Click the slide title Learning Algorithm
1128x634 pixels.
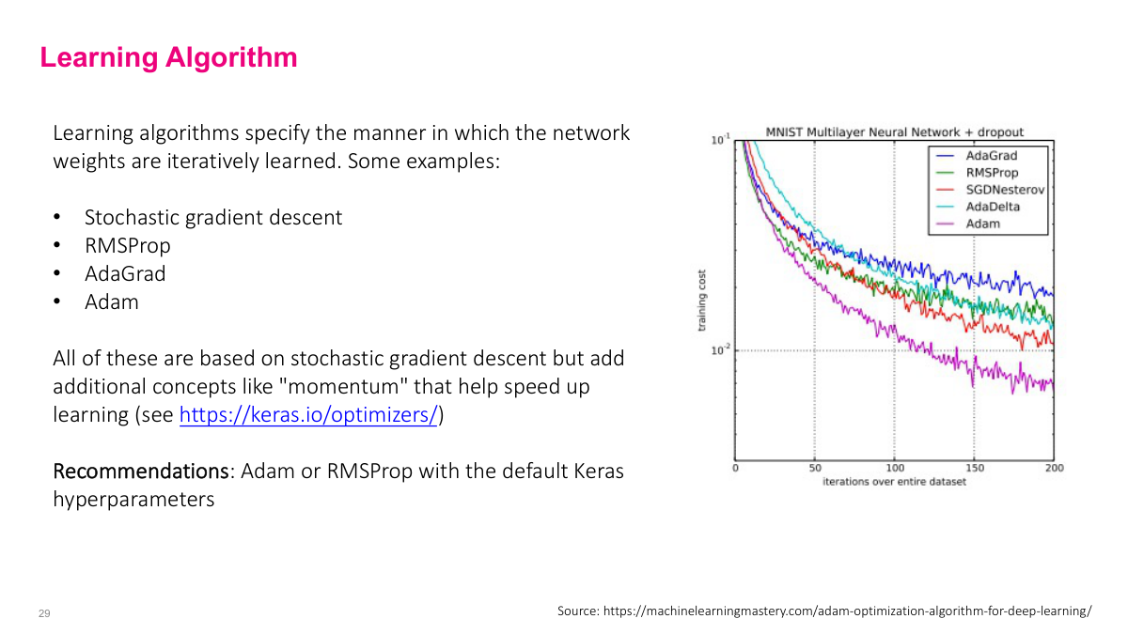point(168,58)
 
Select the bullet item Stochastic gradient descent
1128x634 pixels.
point(213,218)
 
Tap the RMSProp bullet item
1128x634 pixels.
point(128,246)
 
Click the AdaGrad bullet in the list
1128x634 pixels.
point(125,274)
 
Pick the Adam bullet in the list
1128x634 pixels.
point(112,302)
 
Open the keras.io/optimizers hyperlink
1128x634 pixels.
point(308,415)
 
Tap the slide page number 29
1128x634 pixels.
point(44,613)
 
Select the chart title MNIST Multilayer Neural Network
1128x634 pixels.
point(894,132)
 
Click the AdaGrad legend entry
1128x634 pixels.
point(991,156)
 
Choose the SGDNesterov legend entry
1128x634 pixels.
point(1004,190)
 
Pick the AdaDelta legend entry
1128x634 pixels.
point(992,207)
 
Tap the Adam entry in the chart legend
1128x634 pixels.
point(982,224)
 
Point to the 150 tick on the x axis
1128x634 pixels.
point(975,468)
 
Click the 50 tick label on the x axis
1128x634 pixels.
point(815,468)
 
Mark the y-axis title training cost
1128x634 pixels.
point(701,301)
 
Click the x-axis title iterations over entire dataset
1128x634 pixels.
point(894,482)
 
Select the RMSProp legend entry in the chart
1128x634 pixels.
point(992,173)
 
